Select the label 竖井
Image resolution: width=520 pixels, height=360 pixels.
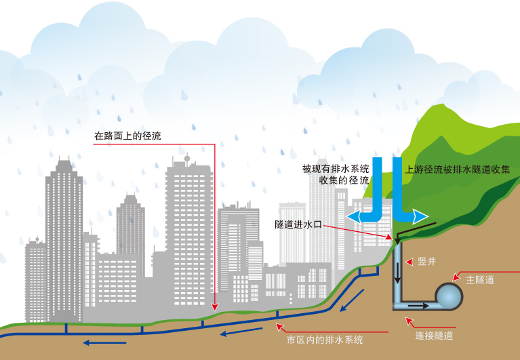(x=426, y=261)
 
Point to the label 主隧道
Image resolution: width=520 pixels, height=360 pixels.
(x=480, y=279)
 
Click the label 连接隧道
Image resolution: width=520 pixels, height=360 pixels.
(x=434, y=335)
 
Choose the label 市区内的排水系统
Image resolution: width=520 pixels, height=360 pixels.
(x=325, y=340)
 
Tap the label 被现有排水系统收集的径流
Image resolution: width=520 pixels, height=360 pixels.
(x=336, y=175)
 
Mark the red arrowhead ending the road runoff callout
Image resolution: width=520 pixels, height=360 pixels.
(x=214, y=308)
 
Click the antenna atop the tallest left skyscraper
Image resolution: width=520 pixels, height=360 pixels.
(x=64, y=161)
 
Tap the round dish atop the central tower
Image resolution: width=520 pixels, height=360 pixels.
(x=187, y=159)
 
